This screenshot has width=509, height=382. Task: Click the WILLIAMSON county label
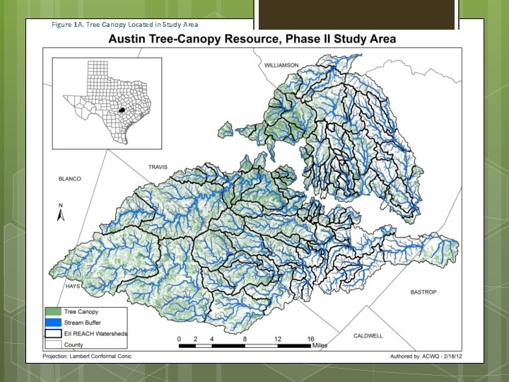pyautogui.click(x=282, y=65)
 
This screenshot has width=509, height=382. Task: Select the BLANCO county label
pyautogui.click(x=70, y=179)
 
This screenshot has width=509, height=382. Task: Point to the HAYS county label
pyautogui.click(x=73, y=286)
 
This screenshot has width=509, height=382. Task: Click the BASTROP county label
pyautogui.click(x=423, y=292)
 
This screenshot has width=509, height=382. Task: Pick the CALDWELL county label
pyautogui.click(x=368, y=335)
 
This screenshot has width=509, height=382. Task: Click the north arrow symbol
pyautogui.click(x=60, y=213)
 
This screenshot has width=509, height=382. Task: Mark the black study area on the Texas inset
pyautogui.click(x=122, y=110)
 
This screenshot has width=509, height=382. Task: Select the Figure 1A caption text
pyautogui.click(x=124, y=25)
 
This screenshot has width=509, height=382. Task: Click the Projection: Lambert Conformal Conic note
pyautogui.click(x=88, y=356)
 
